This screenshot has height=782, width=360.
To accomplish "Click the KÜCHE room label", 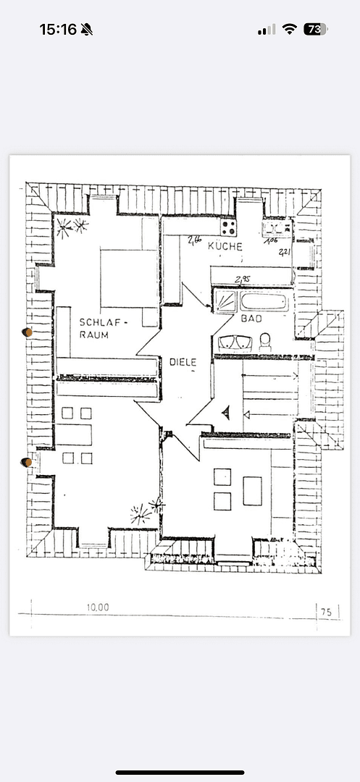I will pos(225,246).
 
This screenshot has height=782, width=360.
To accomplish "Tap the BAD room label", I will pos(251,319).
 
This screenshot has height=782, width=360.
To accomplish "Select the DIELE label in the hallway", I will pos(183,361).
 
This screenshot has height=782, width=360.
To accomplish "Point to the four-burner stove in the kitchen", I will pos(229,227).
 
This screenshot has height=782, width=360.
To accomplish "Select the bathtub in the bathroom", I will pos(264,302).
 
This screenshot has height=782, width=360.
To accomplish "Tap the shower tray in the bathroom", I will pos(225,301).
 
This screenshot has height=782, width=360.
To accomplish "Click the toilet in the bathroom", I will pos(265,341).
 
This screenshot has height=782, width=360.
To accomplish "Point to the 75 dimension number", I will pos(326,612).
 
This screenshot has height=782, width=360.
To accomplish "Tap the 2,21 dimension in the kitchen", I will pos(285,252).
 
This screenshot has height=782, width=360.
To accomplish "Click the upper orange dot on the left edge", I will pos(28,332).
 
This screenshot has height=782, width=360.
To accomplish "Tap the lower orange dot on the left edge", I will pos(27,462).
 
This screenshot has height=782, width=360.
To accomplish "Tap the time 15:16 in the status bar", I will pos(58,30).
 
